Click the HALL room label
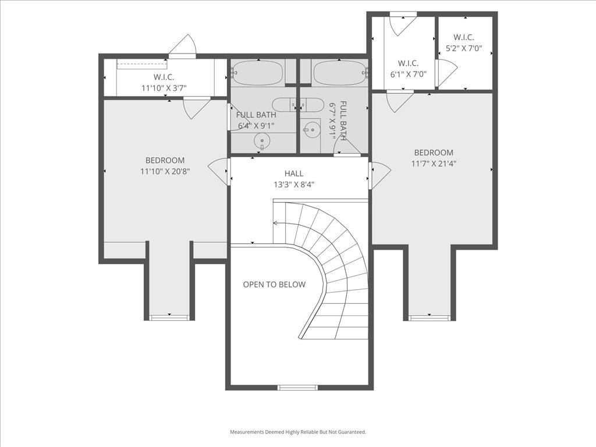(x=294, y=173)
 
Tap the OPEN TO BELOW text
(x=274, y=285)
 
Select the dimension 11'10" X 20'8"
(x=165, y=171)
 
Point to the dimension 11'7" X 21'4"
(x=434, y=164)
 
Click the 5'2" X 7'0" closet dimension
(x=464, y=48)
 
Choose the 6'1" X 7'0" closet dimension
(x=408, y=74)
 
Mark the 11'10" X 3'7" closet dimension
(x=164, y=88)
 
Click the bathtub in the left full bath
(x=258, y=73)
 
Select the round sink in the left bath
(x=262, y=141)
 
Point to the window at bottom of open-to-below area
(x=297, y=387)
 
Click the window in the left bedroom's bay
(x=169, y=317)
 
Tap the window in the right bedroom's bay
(x=429, y=318)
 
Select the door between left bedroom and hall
(x=220, y=172)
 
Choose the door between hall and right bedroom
(x=378, y=175)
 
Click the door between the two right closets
(x=445, y=72)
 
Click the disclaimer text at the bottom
(x=298, y=432)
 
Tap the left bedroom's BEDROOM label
(x=165, y=161)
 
